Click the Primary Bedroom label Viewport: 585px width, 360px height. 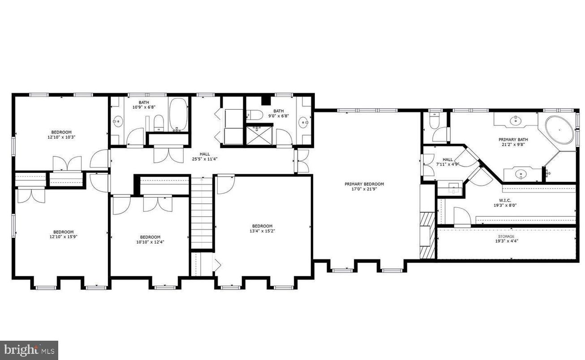[x=364, y=184]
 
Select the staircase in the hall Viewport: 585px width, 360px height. [x=202, y=213]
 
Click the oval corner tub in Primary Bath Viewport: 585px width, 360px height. [x=559, y=130]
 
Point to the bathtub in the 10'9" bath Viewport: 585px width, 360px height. [x=178, y=115]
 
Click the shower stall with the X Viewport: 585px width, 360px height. [x=257, y=134]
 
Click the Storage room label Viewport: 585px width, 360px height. [x=506, y=236]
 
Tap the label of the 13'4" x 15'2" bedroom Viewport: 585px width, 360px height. [x=262, y=226]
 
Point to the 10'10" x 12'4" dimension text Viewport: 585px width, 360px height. [x=150, y=243]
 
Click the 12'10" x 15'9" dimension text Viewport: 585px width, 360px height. [x=61, y=237]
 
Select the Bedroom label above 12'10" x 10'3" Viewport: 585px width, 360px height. [x=61, y=132]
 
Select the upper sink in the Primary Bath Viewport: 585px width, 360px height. [x=516, y=120]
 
